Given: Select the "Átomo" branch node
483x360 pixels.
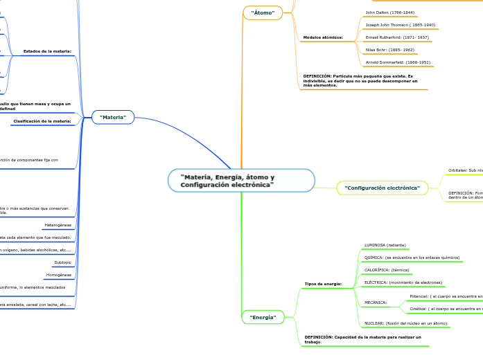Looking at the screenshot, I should click(x=263, y=12).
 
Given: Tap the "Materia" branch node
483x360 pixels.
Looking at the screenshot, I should click(x=113, y=117).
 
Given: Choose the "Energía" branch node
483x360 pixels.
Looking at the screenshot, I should click(x=263, y=317).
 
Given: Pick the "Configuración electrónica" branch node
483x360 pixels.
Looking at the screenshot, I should click(x=382, y=188).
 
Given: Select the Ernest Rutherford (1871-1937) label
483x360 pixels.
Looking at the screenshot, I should click(x=397, y=37).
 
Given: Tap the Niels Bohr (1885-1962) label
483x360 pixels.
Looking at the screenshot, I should click(x=389, y=50).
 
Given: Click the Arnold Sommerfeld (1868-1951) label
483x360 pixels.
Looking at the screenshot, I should click(x=398, y=62).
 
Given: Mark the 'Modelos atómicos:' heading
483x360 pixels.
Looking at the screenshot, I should click(x=323, y=37).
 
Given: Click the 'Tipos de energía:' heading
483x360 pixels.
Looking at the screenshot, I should click(x=323, y=284).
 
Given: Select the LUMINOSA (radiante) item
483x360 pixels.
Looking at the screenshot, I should click(x=385, y=245).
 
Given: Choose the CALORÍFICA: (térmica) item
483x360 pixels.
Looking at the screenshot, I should click(x=387, y=270).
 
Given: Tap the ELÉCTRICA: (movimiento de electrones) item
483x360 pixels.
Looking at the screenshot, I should click(x=403, y=282).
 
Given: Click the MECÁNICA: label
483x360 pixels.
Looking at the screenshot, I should click(x=376, y=303).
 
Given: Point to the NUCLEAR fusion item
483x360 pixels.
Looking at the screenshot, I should click(x=405, y=323).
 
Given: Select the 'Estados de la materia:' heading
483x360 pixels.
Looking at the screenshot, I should click(x=47, y=51).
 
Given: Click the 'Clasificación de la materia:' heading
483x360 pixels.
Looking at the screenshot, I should click(x=42, y=121).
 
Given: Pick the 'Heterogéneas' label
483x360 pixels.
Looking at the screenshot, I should click(x=58, y=225).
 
